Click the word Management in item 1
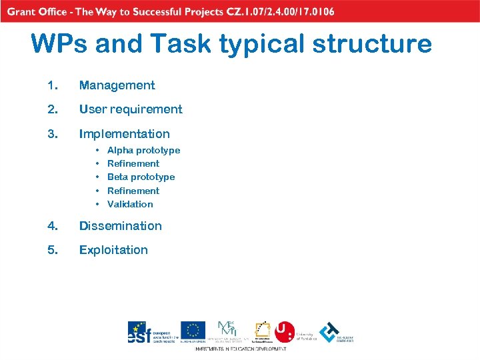(x=117, y=85)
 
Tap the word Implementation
(x=124, y=134)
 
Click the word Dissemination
(x=120, y=226)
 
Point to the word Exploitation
(x=113, y=250)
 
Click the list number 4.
(x=53, y=226)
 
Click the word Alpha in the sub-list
(x=119, y=151)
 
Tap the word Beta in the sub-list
(x=117, y=177)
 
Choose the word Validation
(x=130, y=205)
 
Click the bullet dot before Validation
(x=97, y=205)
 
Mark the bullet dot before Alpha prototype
(x=97, y=151)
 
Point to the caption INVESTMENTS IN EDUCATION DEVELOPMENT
(x=241, y=349)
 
